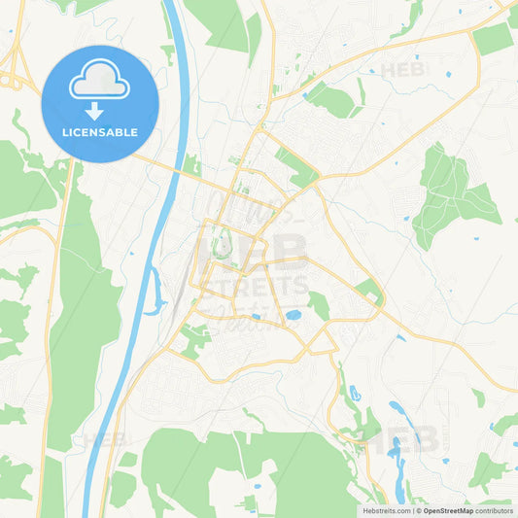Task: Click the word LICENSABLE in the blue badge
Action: click(99, 131)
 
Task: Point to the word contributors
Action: click(494, 510)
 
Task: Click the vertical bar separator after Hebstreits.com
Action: click(411, 510)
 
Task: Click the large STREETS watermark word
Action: click(255, 286)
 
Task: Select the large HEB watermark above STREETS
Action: click(255, 250)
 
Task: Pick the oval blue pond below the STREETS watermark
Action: click(293, 315)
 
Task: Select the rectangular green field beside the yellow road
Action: click(492, 38)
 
